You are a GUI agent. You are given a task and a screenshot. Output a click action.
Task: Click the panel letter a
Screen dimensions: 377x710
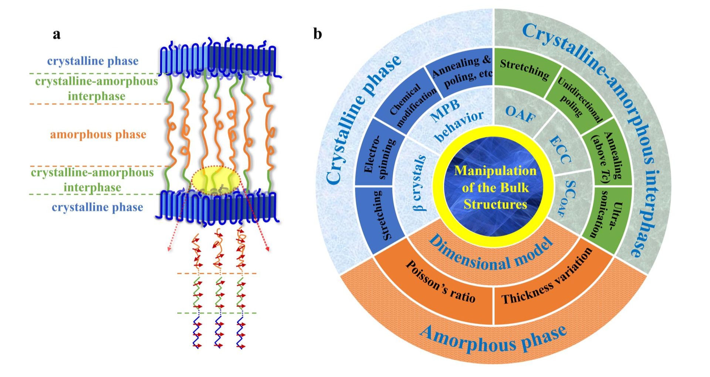[x=57, y=34]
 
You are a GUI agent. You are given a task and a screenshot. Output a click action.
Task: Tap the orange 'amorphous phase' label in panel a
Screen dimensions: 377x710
[x=98, y=134]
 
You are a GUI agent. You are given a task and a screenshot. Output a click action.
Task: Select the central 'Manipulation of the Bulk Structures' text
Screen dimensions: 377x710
[x=495, y=187]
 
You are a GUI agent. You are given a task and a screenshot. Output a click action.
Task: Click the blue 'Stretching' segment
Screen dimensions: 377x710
[x=381, y=216]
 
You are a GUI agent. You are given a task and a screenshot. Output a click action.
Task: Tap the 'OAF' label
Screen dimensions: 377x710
[x=520, y=113]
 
